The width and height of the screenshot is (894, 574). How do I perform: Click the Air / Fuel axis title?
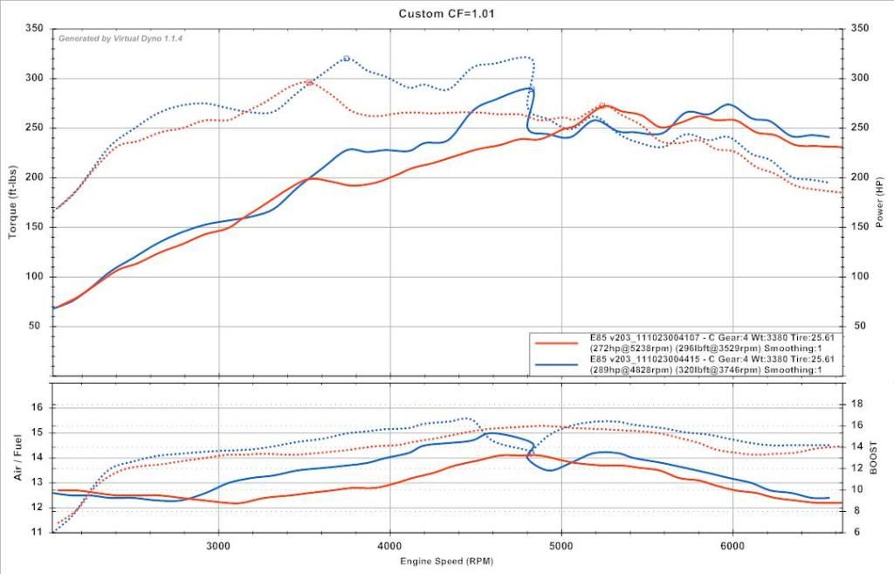point(17,457)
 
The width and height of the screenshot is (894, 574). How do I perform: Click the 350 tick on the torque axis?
point(35,29)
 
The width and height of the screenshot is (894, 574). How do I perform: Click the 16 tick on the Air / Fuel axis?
point(37,407)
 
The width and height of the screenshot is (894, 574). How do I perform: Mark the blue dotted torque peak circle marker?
point(347,59)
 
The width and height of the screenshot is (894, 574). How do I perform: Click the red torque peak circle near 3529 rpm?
point(310,82)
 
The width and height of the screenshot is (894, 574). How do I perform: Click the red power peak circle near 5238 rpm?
point(602,106)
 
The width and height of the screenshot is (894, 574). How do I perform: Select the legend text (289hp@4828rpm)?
point(629,370)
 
